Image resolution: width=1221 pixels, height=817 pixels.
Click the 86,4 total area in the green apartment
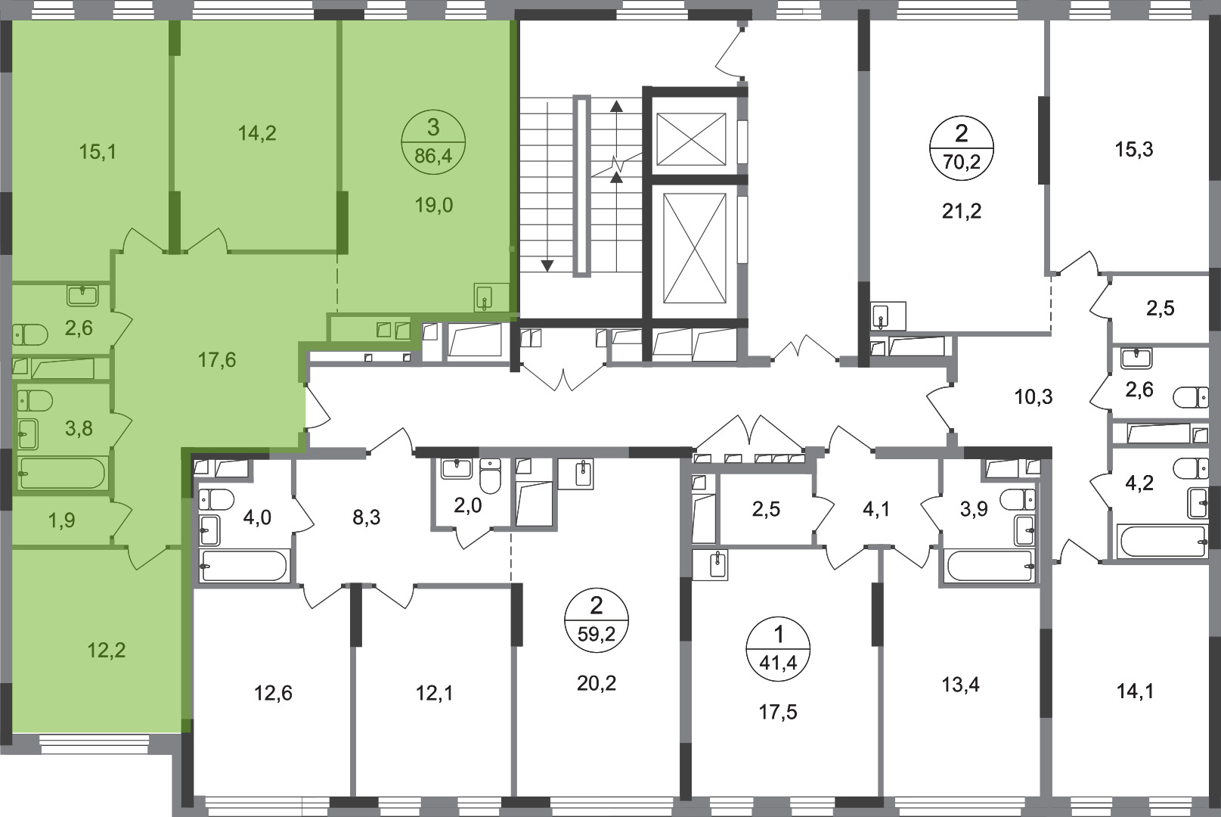tap(433, 157)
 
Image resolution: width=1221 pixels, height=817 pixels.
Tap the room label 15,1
tap(98, 151)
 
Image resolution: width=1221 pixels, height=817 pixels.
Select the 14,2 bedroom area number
tap(257, 133)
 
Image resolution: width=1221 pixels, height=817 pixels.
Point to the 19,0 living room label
tap(434, 206)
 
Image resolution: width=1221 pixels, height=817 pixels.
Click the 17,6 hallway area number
tap(217, 360)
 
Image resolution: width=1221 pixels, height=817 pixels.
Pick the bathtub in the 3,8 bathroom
tap(61, 473)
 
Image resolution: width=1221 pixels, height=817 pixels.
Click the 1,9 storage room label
tap(62, 520)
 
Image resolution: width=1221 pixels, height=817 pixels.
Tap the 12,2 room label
tap(107, 650)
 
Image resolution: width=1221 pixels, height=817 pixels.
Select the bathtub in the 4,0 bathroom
tap(243, 566)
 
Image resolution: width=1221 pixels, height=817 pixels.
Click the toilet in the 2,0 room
tap(491, 476)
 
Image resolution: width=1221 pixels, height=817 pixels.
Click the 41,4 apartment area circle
tap(779, 649)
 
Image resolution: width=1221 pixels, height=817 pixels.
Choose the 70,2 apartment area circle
tap(962, 148)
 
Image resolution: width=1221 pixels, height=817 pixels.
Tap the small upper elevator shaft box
tap(691, 139)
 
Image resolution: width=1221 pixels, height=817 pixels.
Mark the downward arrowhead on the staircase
tap(547, 266)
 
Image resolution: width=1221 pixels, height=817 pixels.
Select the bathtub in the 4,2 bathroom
tap(1162, 542)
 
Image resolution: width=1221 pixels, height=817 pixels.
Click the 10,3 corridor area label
tap(1034, 396)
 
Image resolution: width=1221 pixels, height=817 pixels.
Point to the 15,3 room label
tap(1134, 149)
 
